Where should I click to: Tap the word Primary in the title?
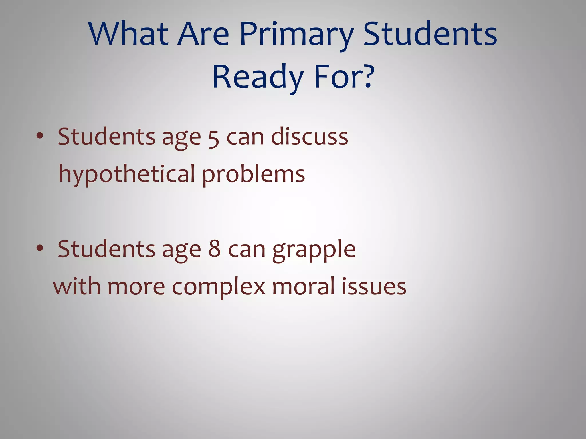point(297,35)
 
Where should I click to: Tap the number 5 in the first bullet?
point(213,138)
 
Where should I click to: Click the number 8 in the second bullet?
point(214,249)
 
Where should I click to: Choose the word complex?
point(218,287)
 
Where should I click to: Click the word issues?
point(374,286)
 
